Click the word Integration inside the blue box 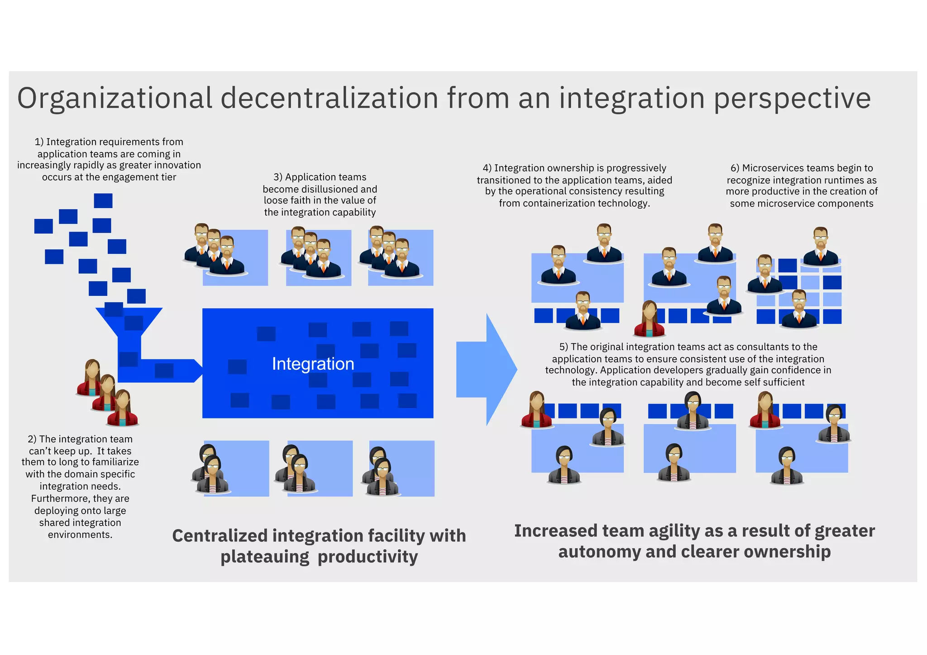pos(313,364)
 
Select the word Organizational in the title pos(115,98)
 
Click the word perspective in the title pos(792,98)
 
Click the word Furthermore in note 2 pos(60,498)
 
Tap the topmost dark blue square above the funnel pos(103,200)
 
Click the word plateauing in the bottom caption pos(265,557)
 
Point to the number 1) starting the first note pos(39,142)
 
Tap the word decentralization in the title pos(330,98)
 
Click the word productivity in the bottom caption pos(368,557)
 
